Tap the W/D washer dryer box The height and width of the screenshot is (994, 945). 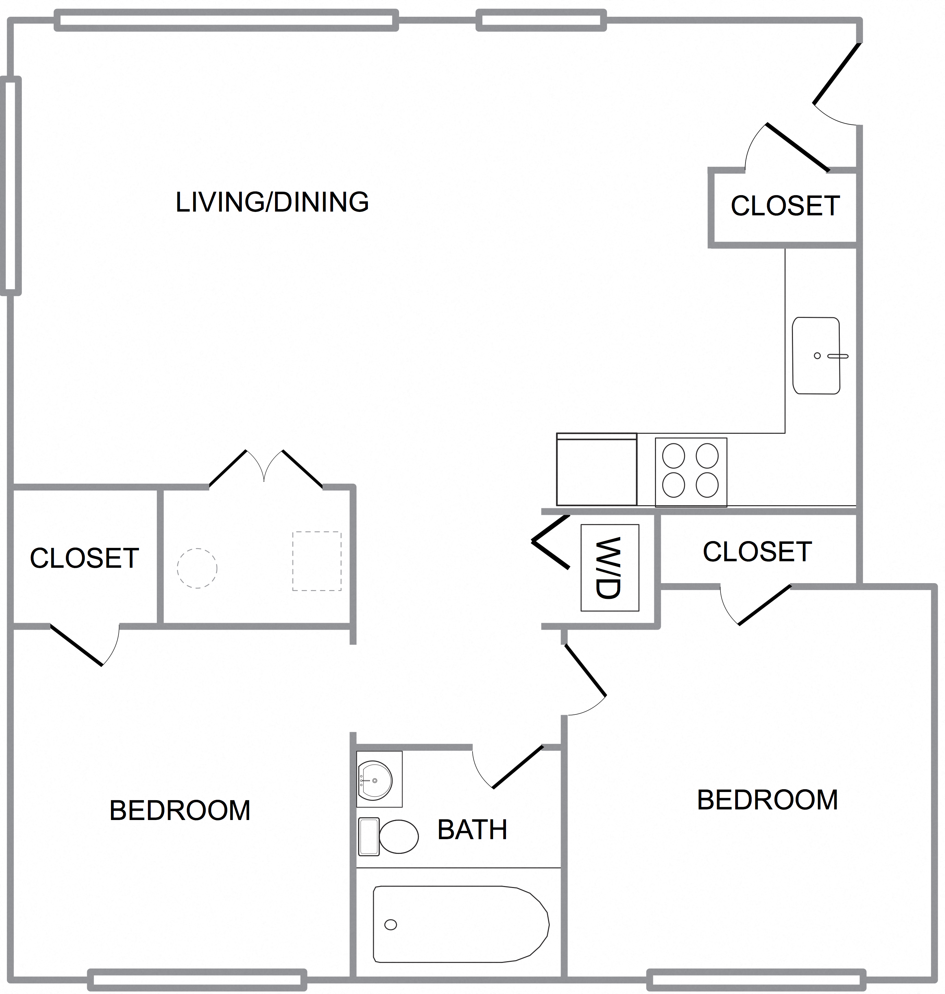point(610,567)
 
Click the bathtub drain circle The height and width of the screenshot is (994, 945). point(391,924)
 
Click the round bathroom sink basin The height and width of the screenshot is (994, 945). point(374,780)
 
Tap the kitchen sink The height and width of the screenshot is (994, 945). point(816,355)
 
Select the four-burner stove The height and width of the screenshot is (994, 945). point(690,471)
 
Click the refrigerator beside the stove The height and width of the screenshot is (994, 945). point(597,470)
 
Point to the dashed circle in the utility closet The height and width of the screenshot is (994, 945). point(197,568)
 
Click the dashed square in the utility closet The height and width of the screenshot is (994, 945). point(317,561)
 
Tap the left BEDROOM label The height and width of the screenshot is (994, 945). point(180,810)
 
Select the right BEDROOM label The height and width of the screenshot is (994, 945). point(767,800)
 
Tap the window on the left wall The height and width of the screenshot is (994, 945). point(11,186)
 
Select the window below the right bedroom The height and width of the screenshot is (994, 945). point(756,979)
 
